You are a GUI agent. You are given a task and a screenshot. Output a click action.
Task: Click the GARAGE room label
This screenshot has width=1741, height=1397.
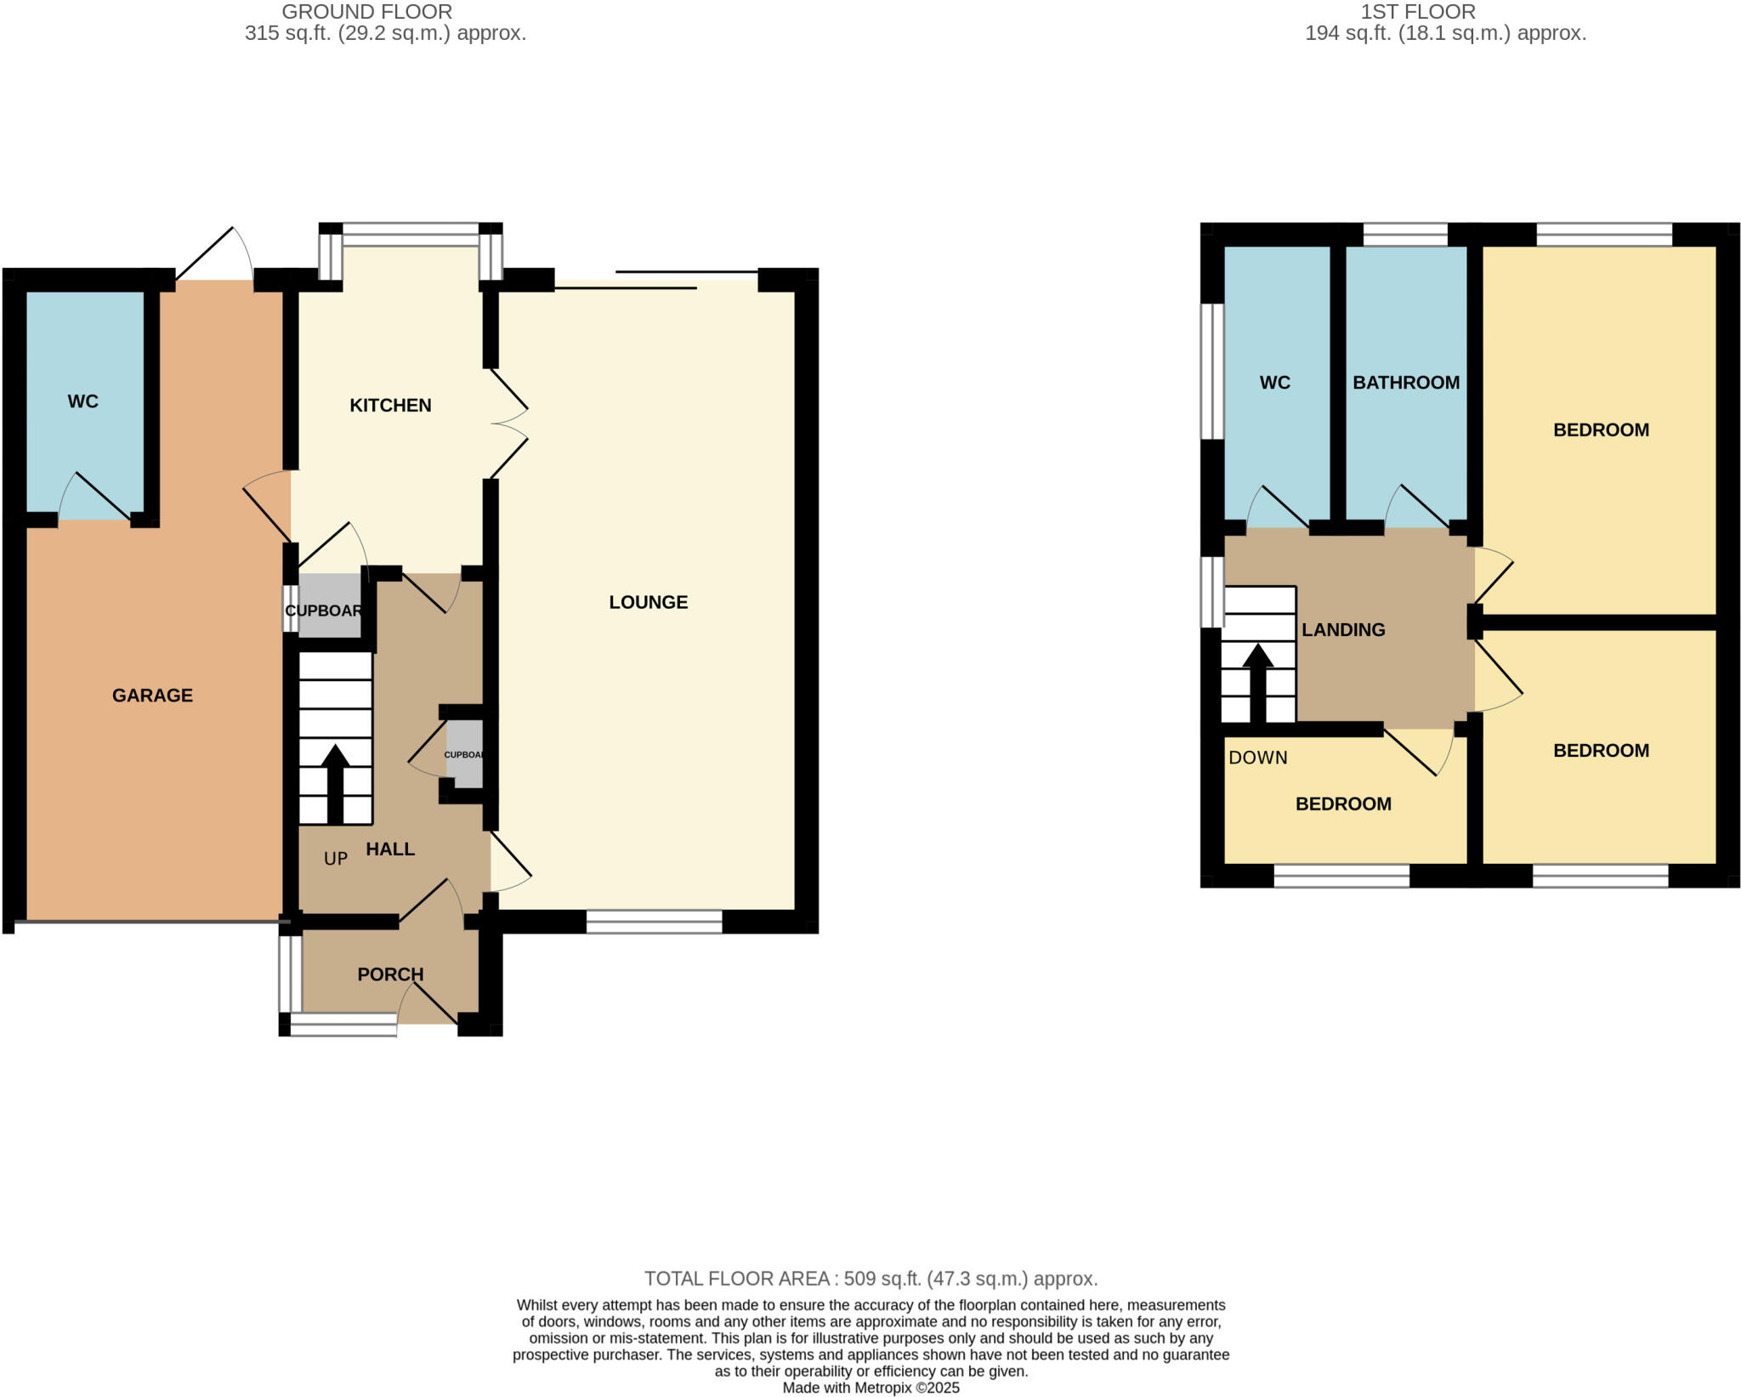(x=152, y=696)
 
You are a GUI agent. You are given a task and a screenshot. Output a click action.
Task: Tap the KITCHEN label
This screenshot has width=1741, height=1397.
(x=390, y=406)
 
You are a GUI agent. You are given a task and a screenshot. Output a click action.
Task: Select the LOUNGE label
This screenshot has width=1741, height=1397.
(x=648, y=602)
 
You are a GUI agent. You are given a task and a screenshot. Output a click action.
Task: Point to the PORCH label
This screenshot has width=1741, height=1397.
(x=390, y=974)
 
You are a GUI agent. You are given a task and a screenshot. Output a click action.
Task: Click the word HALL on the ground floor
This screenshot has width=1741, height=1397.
(x=390, y=849)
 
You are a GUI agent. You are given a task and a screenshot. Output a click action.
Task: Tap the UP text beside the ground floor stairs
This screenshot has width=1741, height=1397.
(x=336, y=859)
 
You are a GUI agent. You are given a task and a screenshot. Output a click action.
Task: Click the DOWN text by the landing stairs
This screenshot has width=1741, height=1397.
(x=1257, y=758)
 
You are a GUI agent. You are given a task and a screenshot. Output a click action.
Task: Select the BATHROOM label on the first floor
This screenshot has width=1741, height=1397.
(x=1406, y=383)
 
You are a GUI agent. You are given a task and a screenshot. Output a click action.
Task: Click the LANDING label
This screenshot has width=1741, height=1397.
(x=1343, y=630)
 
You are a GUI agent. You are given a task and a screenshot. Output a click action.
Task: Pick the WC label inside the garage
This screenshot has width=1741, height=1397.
(x=83, y=401)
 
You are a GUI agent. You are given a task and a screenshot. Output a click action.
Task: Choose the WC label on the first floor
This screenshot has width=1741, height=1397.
(x=1274, y=383)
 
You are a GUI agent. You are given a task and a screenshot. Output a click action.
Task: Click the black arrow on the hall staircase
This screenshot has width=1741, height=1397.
(x=336, y=782)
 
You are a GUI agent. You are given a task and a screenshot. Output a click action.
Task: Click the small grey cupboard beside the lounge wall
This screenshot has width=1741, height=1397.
(x=464, y=754)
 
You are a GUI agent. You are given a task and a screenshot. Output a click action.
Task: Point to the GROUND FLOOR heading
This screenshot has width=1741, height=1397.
(x=366, y=12)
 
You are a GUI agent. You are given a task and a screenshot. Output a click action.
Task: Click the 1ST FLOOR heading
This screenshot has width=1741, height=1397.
(x=1418, y=12)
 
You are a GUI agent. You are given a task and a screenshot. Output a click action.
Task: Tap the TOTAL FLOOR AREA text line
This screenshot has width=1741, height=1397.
(x=870, y=1279)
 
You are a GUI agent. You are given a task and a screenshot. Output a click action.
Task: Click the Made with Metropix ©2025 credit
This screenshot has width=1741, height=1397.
(x=870, y=1388)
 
